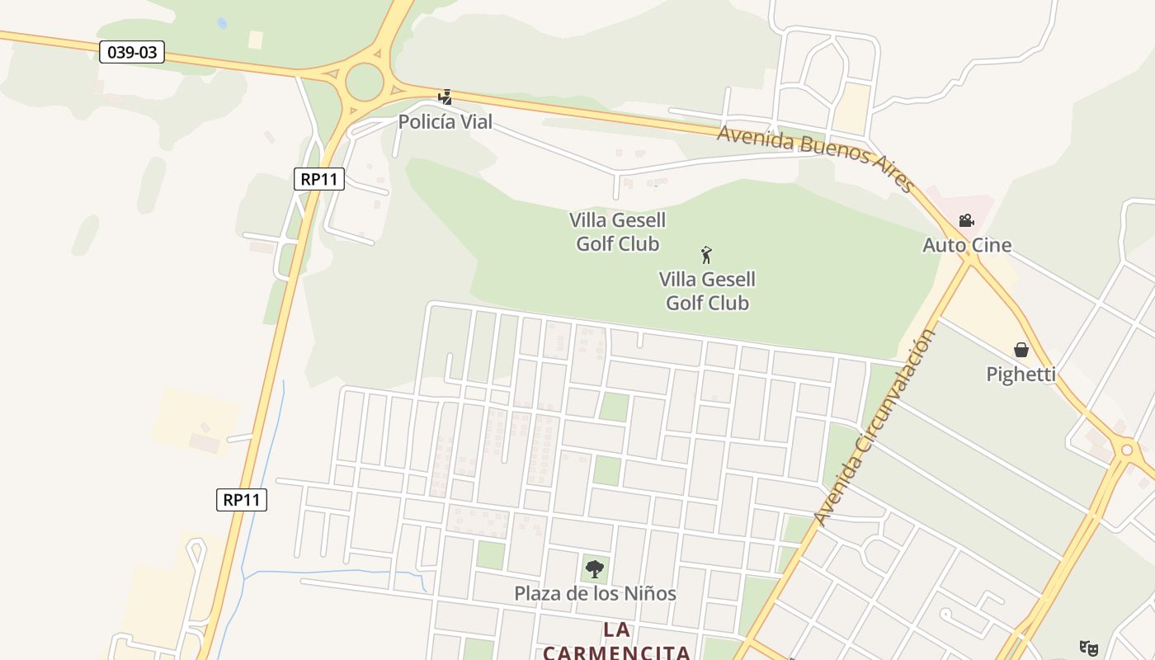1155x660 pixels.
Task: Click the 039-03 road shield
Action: point(132,53)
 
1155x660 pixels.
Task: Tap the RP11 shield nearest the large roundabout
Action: point(318,179)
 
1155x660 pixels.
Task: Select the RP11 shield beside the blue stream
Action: point(242,500)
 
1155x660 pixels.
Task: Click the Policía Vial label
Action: point(445,122)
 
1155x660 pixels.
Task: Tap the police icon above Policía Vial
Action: point(445,97)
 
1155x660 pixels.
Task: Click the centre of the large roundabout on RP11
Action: point(365,82)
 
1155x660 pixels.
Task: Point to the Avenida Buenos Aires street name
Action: point(815,156)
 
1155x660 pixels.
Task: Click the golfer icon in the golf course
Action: point(706,255)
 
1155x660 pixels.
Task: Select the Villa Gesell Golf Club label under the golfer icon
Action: point(707,291)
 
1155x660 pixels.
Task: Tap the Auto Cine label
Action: point(966,245)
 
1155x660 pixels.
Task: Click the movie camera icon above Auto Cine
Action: point(966,221)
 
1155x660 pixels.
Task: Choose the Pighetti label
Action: point(1021,375)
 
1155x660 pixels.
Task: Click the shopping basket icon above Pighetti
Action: point(1021,350)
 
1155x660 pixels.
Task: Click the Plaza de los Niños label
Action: point(595,593)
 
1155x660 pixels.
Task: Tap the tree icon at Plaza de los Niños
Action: point(594,568)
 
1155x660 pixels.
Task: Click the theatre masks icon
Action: point(1089,648)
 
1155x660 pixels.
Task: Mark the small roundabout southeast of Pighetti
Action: point(1126,450)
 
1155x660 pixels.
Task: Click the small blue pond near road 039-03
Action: point(222,24)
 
